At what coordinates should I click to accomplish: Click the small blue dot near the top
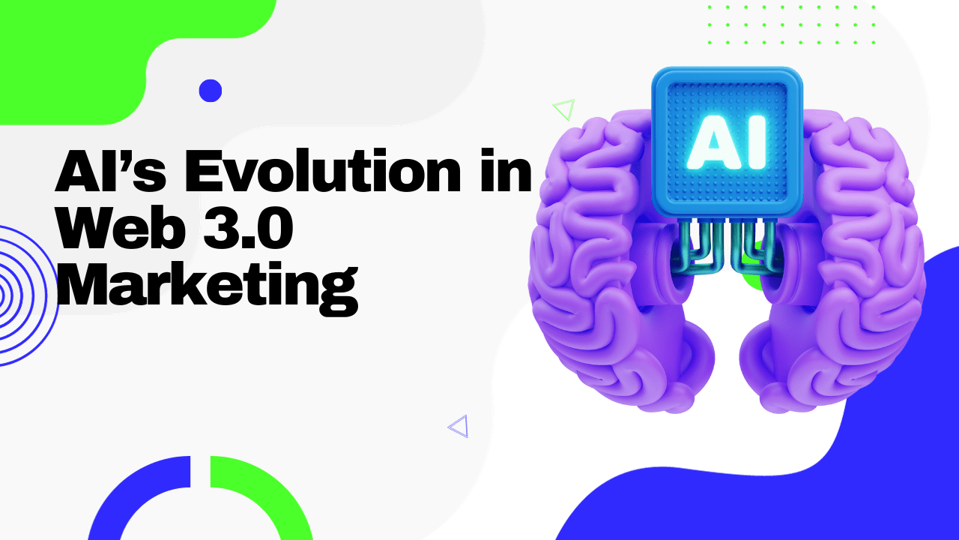[x=210, y=91]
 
